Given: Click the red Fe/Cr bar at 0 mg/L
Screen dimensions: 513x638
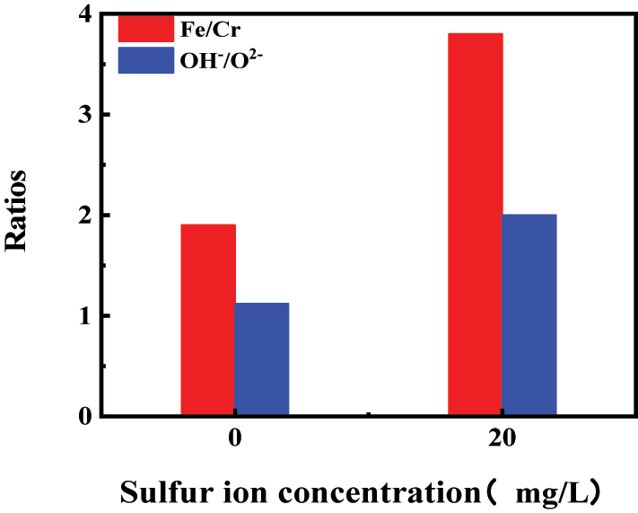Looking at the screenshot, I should click(207, 320).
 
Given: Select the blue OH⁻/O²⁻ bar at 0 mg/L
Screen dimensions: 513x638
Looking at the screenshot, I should click(261, 359).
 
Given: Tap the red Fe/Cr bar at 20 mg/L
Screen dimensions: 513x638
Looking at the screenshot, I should click(475, 225).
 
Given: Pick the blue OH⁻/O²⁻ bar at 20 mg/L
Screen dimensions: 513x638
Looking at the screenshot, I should click(529, 315).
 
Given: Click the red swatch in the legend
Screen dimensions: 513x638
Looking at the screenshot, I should click(145, 27).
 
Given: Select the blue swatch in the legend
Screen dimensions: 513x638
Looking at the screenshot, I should click(145, 61).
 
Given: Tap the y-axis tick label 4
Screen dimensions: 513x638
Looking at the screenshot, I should click(84, 14).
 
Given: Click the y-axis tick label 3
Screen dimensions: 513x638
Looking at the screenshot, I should click(84, 115).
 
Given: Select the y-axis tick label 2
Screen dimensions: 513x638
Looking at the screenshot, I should click(84, 216).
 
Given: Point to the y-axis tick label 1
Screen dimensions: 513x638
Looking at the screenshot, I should click(84, 316).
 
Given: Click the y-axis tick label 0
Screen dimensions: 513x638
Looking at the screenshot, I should click(84, 416).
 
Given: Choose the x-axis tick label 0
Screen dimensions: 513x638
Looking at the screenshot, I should click(235, 443).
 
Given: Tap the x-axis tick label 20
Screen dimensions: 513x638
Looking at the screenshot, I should click(503, 443).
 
